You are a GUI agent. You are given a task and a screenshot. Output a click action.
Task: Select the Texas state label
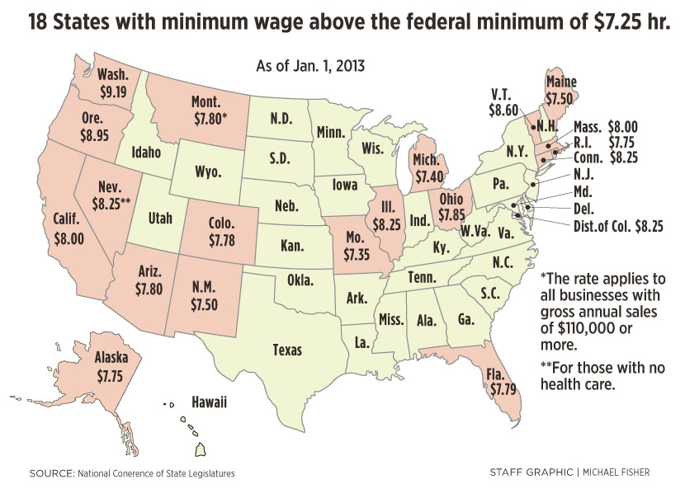[x=287, y=350]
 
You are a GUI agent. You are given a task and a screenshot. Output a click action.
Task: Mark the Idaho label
[x=138, y=153]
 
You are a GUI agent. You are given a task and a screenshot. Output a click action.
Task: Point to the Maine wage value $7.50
[x=561, y=97]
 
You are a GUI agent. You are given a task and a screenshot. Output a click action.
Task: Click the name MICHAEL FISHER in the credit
[x=618, y=472]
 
